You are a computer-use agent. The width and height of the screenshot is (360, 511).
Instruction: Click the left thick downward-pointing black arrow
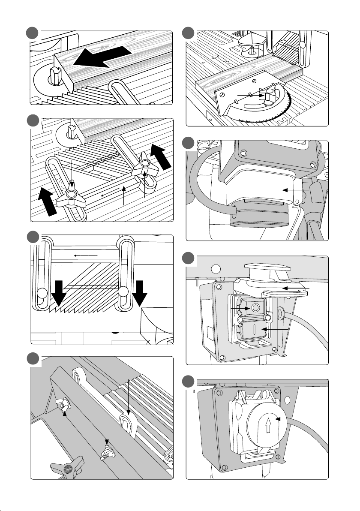pos(59,294)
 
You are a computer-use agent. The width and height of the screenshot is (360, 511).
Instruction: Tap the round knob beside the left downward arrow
pos(42,294)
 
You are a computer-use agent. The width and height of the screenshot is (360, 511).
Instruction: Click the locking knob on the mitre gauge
pos(270,96)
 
